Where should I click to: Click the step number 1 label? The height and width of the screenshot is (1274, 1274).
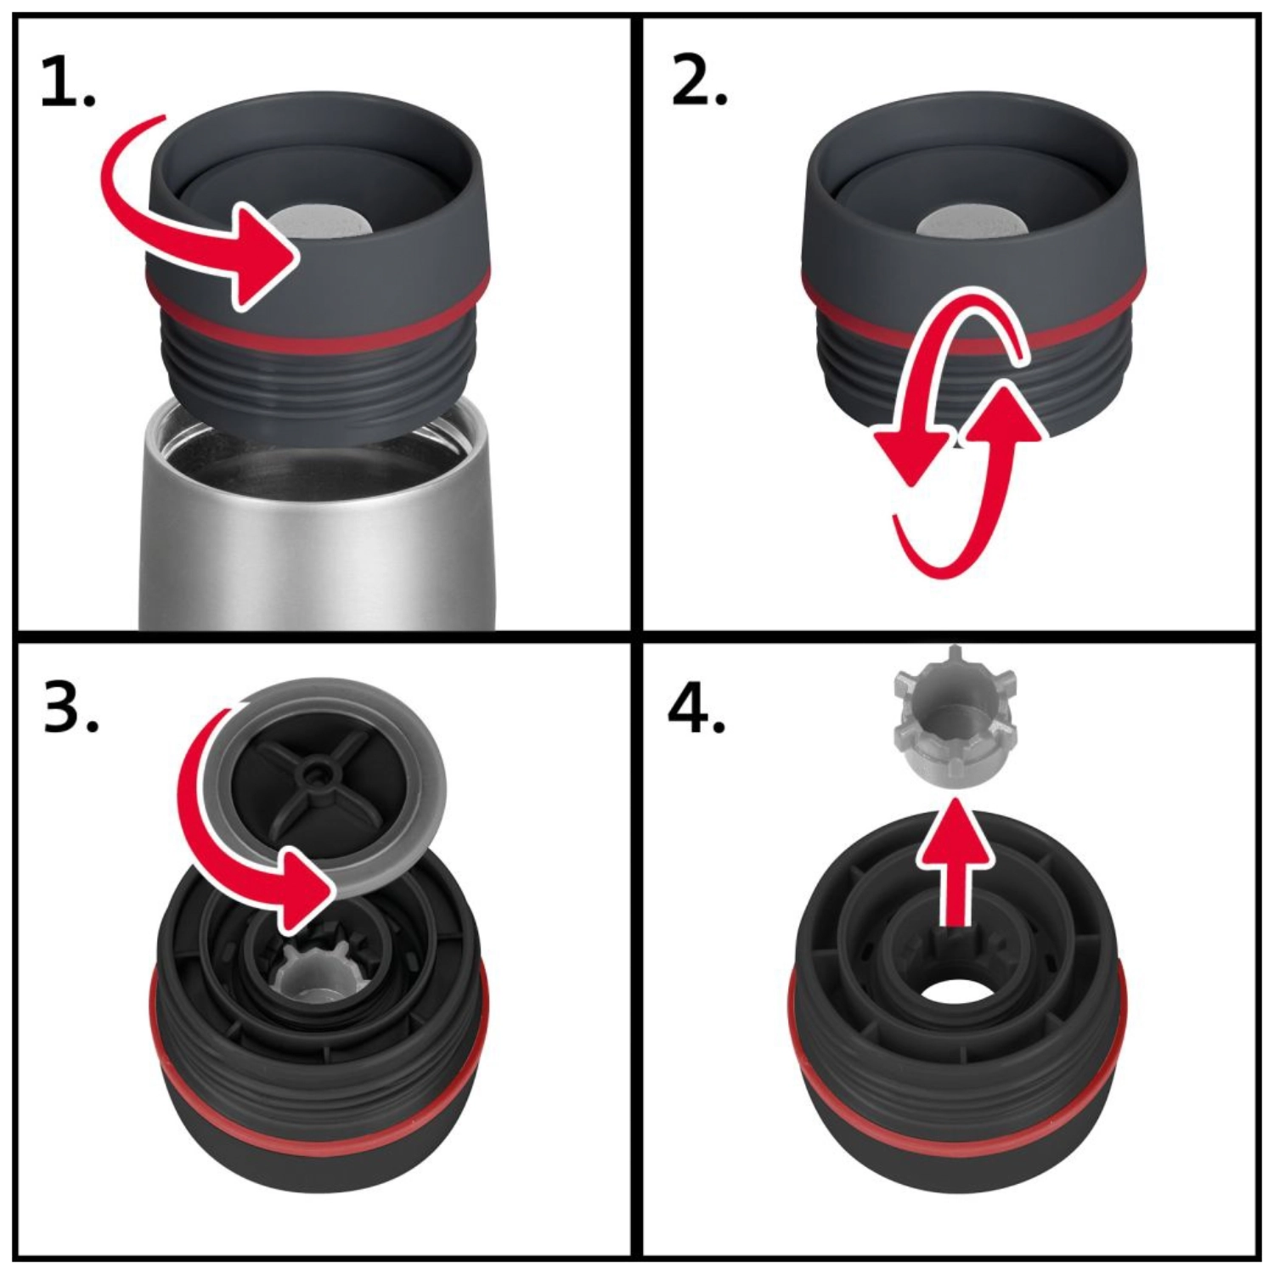(x=68, y=83)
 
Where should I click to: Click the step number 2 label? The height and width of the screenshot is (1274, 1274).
(x=699, y=83)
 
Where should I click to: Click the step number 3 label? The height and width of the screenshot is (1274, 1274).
(x=70, y=707)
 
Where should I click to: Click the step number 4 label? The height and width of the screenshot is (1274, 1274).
(x=696, y=707)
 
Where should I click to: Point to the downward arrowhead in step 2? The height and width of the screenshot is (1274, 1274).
(x=911, y=454)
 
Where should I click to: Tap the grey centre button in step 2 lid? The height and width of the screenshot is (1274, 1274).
(x=968, y=223)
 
